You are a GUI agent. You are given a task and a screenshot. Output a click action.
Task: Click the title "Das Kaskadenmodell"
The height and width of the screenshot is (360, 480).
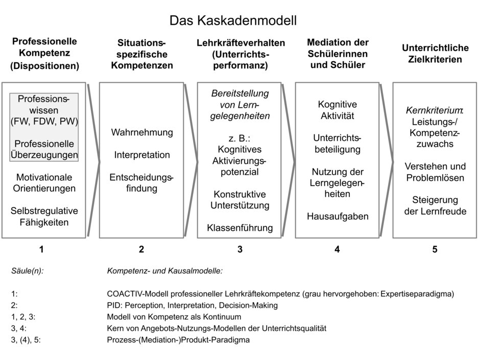click(x=233, y=20)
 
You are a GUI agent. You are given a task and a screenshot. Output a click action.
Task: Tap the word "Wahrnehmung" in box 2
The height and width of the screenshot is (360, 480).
click(x=142, y=133)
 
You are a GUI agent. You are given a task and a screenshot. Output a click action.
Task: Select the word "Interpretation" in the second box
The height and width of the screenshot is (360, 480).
click(x=142, y=155)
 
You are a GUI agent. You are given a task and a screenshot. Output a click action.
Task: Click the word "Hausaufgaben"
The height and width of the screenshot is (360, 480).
click(x=338, y=217)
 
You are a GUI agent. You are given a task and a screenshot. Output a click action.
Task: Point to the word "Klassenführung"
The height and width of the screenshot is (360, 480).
click(x=239, y=228)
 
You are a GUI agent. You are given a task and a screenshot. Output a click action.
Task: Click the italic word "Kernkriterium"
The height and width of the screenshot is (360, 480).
click(x=434, y=110)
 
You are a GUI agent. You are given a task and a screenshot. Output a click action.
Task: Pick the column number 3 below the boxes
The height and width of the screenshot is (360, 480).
click(x=239, y=249)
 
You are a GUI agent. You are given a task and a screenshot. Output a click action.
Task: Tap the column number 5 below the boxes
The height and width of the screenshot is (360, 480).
click(x=435, y=249)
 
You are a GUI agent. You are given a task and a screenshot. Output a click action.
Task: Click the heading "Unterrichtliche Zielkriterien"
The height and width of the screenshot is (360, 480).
click(x=435, y=54)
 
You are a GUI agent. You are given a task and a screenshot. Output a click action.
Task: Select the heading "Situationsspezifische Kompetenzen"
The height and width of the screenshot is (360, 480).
click(x=142, y=54)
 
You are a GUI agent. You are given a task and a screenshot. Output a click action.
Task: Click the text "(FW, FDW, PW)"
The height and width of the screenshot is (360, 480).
click(x=44, y=122)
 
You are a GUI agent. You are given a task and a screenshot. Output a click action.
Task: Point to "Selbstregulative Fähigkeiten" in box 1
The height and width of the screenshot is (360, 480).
click(x=44, y=217)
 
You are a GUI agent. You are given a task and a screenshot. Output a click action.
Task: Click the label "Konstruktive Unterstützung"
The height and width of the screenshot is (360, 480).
click(x=239, y=200)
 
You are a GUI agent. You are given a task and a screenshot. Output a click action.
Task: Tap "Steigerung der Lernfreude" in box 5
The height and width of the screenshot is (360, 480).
click(x=435, y=205)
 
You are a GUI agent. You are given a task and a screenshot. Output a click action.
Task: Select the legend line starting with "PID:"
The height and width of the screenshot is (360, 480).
click(x=192, y=305)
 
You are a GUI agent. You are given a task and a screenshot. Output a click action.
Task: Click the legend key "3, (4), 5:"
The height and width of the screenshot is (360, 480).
click(x=26, y=340)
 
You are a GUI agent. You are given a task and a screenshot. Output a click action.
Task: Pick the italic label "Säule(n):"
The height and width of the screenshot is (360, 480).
click(x=28, y=271)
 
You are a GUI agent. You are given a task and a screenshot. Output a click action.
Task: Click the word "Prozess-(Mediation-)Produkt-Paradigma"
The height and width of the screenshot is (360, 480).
click(x=178, y=340)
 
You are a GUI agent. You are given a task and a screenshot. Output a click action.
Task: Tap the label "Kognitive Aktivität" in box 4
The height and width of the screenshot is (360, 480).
click(x=338, y=110)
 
